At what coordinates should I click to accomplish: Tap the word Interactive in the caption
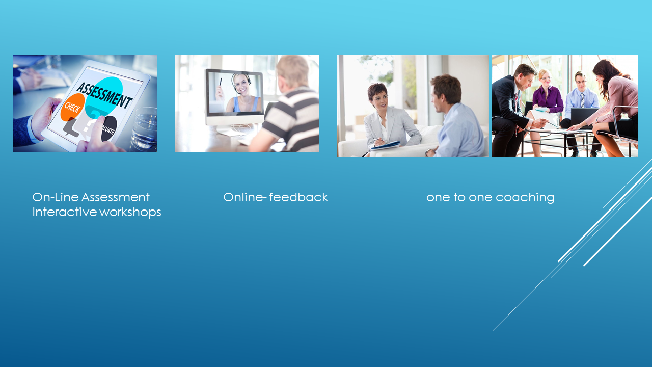[x=64, y=212]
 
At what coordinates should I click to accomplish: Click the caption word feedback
[x=298, y=197]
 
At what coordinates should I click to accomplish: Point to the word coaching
[x=525, y=198]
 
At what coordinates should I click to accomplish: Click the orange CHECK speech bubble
[x=72, y=108]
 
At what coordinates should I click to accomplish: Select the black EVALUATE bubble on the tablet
[x=109, y=128]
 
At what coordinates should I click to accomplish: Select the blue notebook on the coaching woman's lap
[x=386, y=145]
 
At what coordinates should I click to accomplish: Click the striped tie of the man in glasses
[x=582, y=100]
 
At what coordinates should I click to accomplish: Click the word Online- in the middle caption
[x=245, y=197]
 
